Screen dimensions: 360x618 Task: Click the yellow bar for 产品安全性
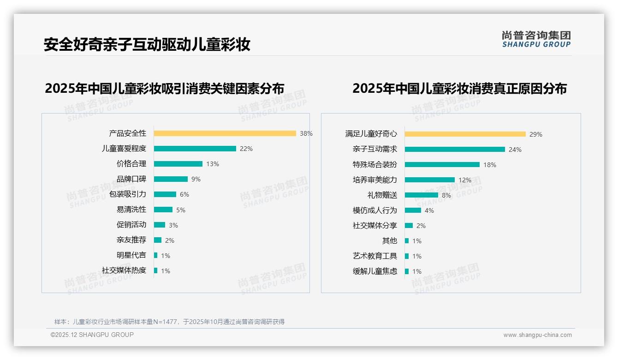(225, 133)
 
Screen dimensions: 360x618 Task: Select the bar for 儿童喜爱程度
(195, 149)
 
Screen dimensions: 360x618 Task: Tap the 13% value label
(213, 164)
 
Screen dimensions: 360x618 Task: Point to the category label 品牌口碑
(131, 179)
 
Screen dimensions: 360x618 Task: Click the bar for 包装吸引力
(165, 194)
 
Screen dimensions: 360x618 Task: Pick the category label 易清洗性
(131, 210)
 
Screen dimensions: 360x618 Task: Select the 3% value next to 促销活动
(173, 225)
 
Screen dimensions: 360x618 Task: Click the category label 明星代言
(131, 255)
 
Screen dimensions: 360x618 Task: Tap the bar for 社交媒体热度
(156, 270)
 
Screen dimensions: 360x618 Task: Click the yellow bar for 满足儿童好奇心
(465, 134)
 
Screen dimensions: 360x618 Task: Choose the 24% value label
(515, 150)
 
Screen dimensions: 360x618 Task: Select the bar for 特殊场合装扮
(442, 165)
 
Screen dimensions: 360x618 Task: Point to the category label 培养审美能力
(374, 180)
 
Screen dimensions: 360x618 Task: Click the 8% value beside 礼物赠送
(446, 195)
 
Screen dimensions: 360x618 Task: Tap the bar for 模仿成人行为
(413, 210)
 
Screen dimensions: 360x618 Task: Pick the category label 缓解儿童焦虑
(374, 271)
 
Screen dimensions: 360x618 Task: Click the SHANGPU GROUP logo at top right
(536, 39)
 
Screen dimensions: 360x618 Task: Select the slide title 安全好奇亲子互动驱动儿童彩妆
(147, 45)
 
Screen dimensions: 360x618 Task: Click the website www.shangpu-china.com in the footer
(537, 335)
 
